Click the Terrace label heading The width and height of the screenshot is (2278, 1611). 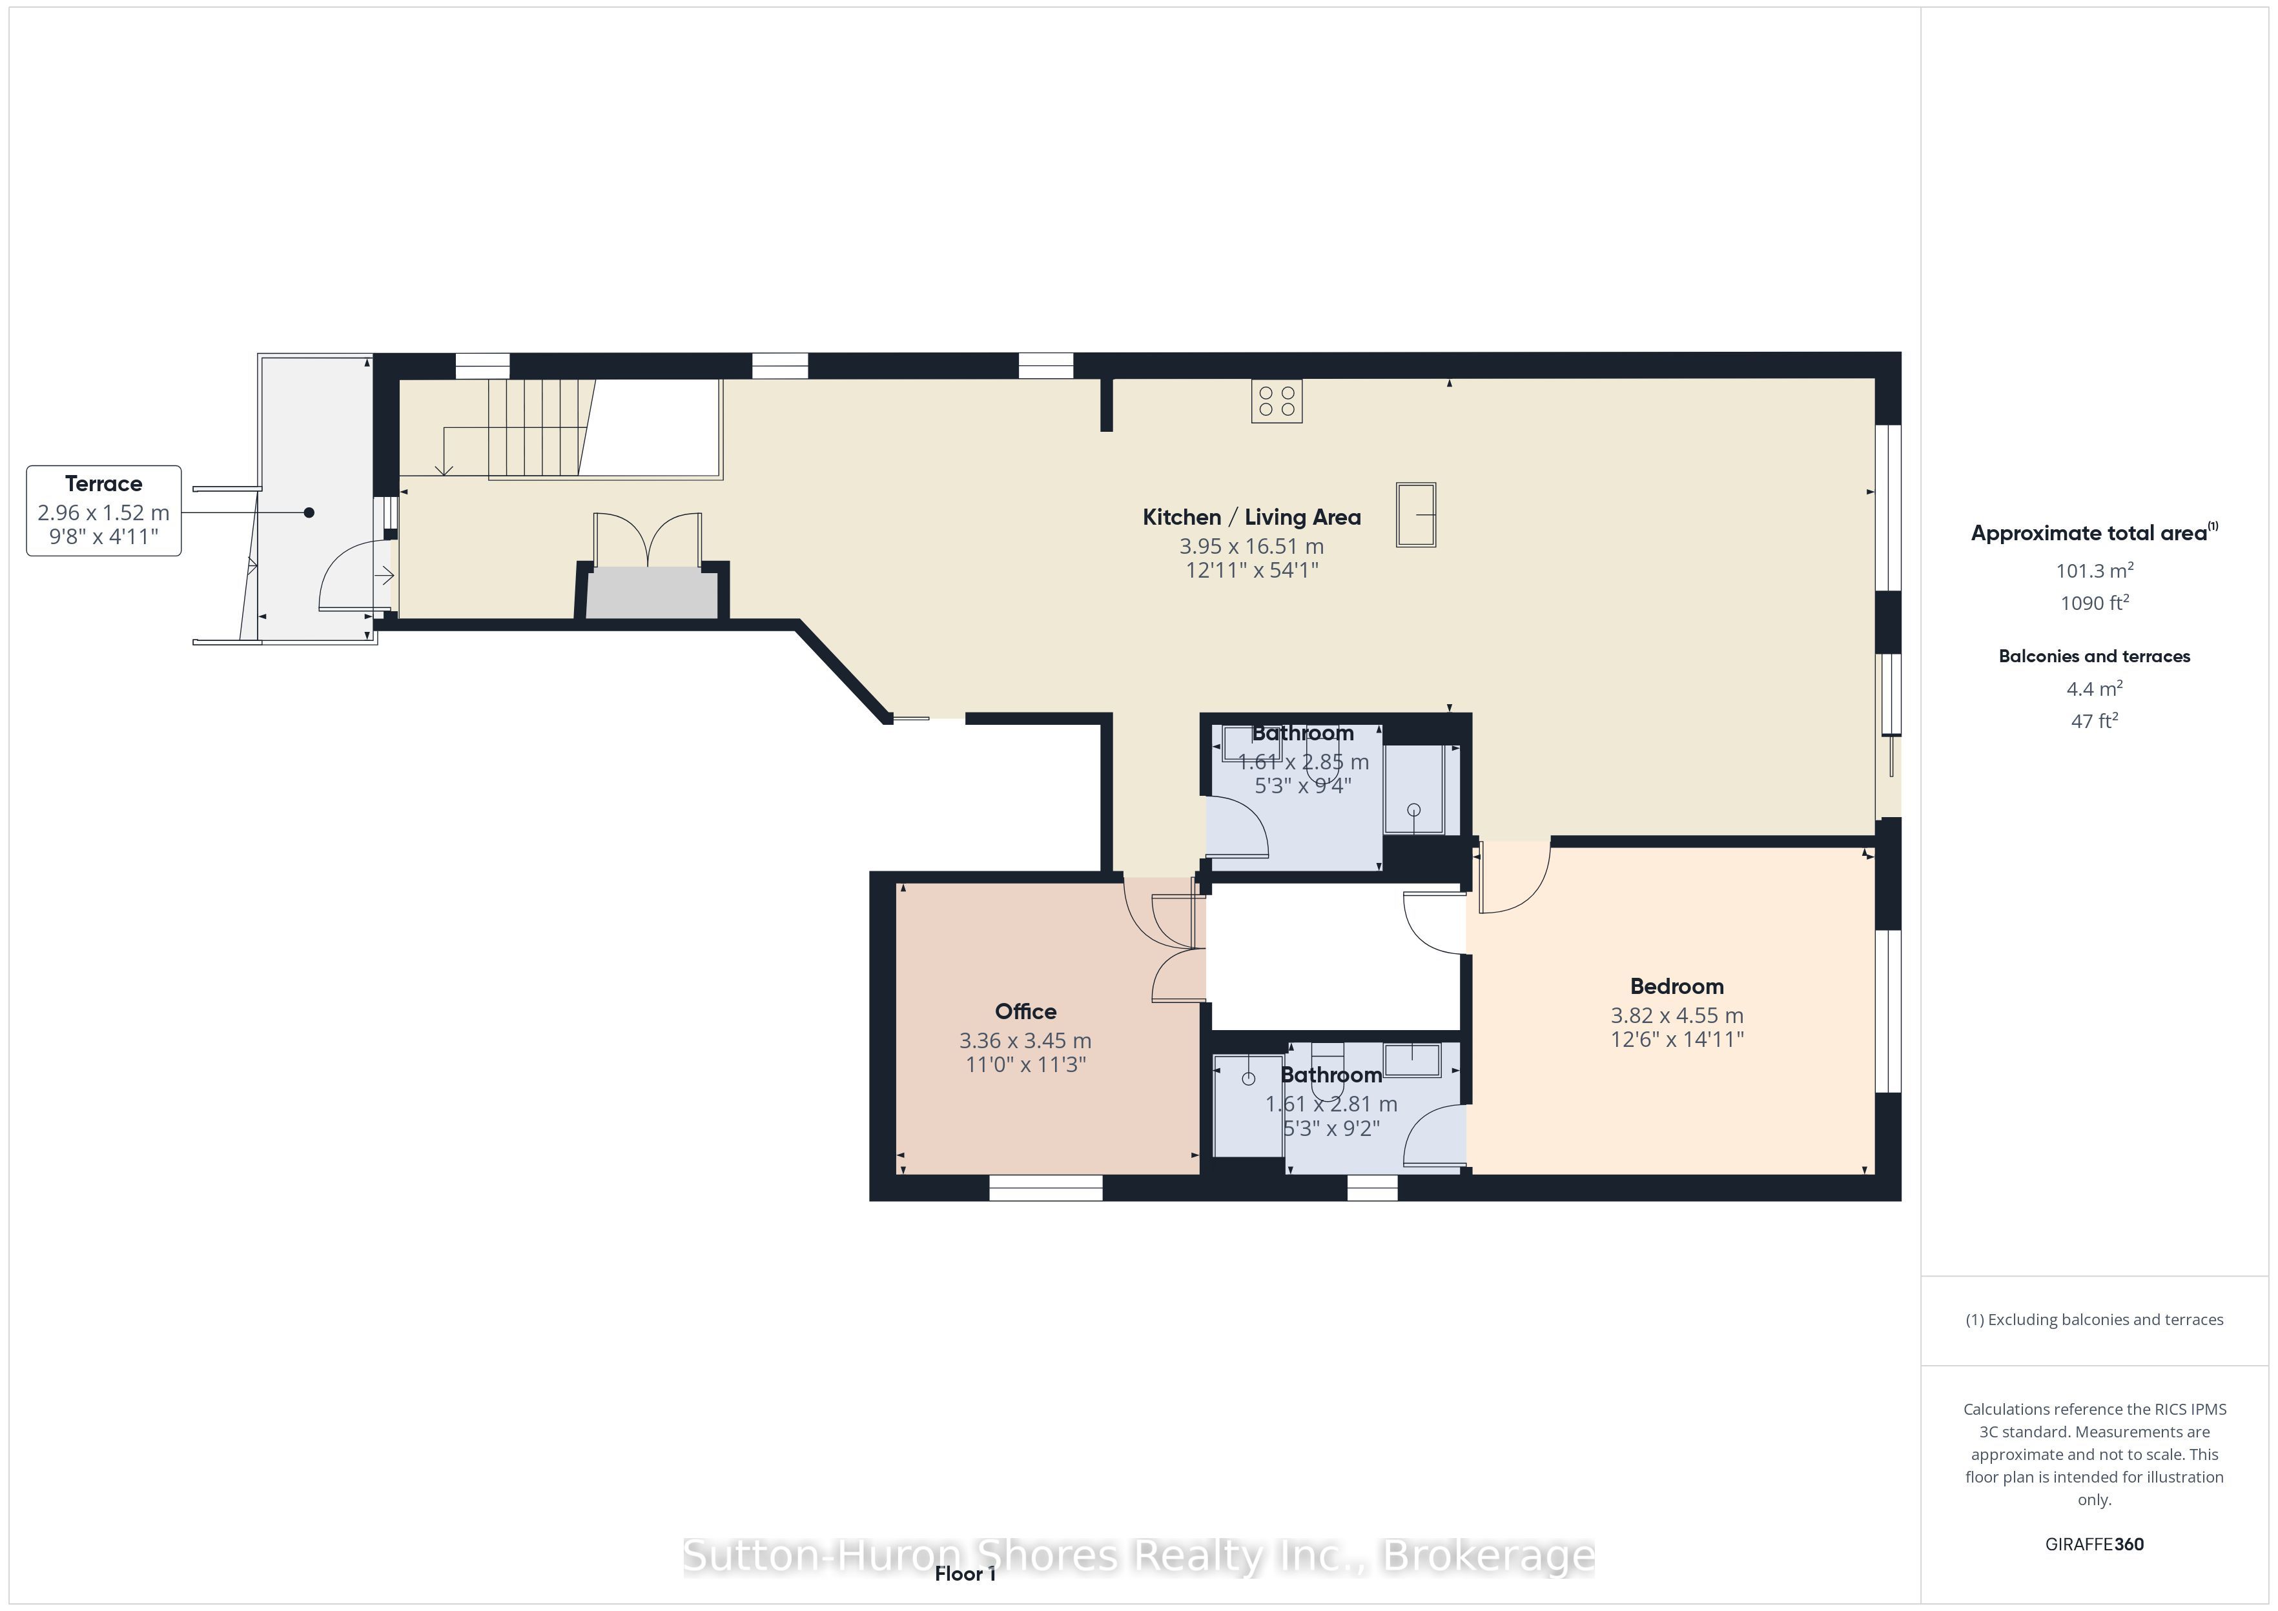pos(103,484)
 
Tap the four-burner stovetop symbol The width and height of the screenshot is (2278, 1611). pos(1276,401)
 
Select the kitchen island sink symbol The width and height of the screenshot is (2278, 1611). pos(1416,514)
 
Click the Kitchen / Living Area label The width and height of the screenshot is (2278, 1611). pos(1251,517)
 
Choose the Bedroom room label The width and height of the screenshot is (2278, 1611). pos(1677,986)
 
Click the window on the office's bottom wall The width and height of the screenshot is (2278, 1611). pos(1046,1188)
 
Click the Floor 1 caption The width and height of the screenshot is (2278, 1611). pos(965,1574)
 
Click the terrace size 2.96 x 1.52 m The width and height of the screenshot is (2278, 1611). pos(103,513)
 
